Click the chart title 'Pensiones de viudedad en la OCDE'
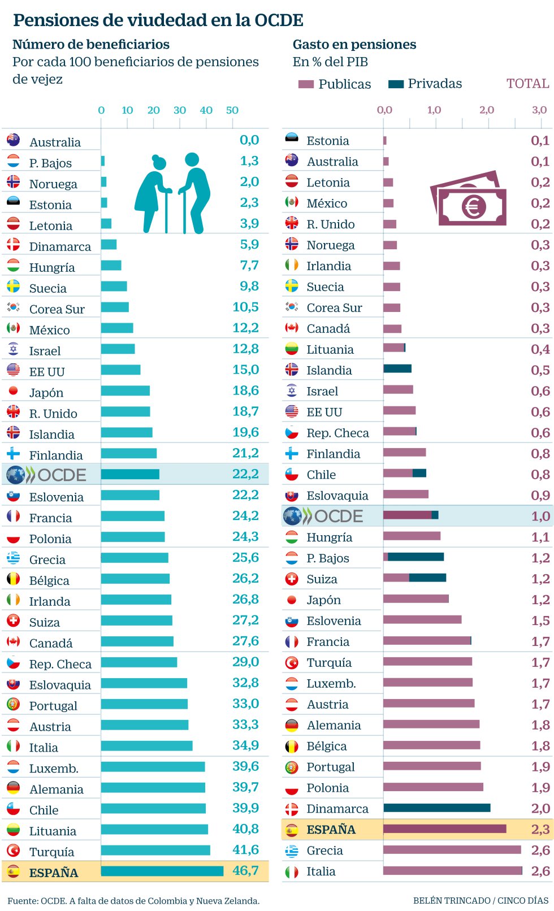tap(158, 20)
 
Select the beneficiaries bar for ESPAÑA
tap(162, 871)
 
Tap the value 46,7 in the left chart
tap(246, 871)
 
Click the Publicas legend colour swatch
tap(306, 85)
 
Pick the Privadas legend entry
tap(425, 84)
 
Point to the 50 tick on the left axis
tap(232, 110)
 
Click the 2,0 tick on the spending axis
tap(487, 110)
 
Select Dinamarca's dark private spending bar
tap(436, 808)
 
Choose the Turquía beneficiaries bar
tap(155, 851)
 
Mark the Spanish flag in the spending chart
tap(292, 830)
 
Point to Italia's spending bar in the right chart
tap(452, 871)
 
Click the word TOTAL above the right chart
tap(527, 84)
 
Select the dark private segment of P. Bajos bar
tap(415, 557)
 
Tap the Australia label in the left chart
tap(55, 142)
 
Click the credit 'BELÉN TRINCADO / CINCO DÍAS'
tap(481, 900)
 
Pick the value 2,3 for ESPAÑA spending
tap(540, 830)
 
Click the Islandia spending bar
tap(397, 369)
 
